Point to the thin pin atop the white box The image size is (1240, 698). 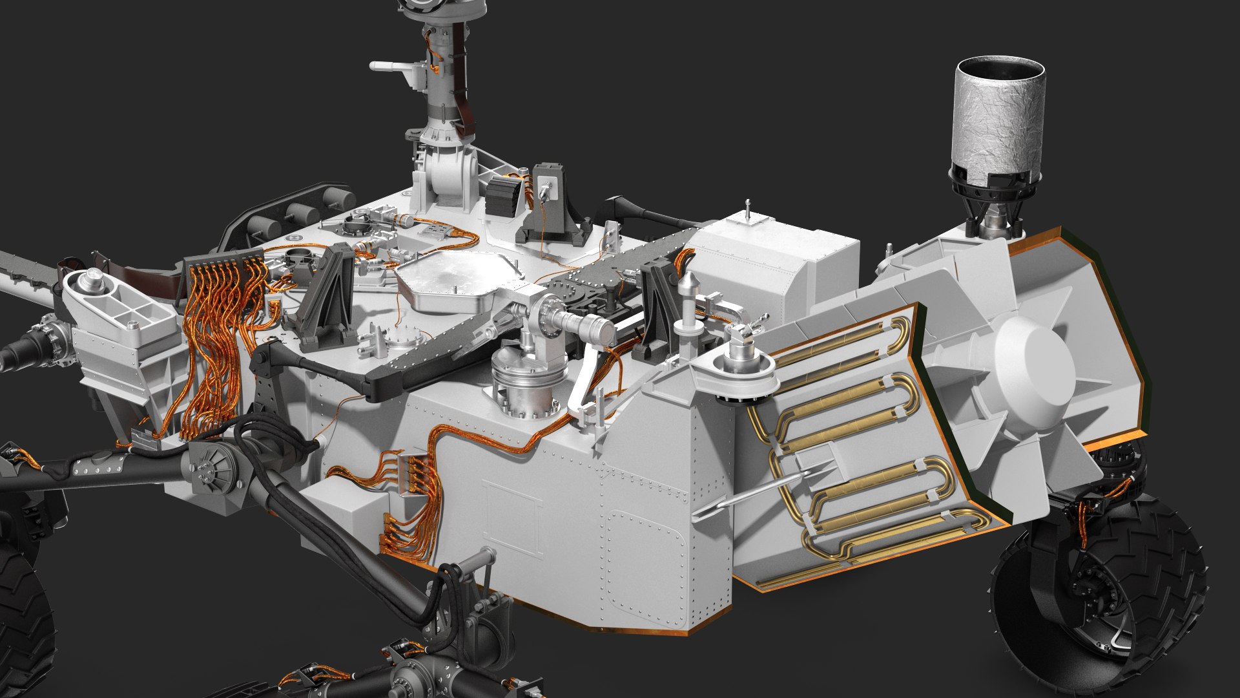(x=747, y=210)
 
